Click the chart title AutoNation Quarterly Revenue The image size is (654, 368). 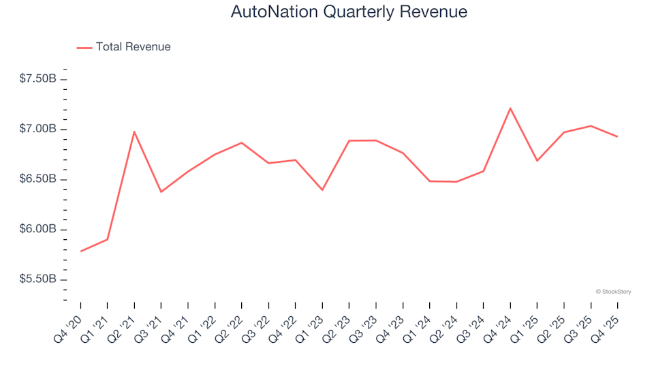[x=349, y=12]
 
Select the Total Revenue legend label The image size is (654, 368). [x=133, y=47]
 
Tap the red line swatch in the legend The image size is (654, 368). [x=84, y=48]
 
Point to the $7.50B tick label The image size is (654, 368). [x=37, y=79]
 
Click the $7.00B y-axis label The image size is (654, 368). [x=37, y=129]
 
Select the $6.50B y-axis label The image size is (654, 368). [x=37, y=179]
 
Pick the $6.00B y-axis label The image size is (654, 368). [x=37, y=230]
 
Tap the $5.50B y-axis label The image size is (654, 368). [x=37, y=280]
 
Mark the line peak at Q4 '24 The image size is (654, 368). [x=510, y=108]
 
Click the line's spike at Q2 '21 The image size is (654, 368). [x=134, y=132]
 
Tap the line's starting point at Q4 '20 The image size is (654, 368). [x=80, y=251]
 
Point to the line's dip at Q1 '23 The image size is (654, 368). [x=322, y=190]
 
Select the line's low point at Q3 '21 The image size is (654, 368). [x=161, y=192]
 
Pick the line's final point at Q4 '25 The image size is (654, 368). [x=617, y=137]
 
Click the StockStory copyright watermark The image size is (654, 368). [x=613, y=292]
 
